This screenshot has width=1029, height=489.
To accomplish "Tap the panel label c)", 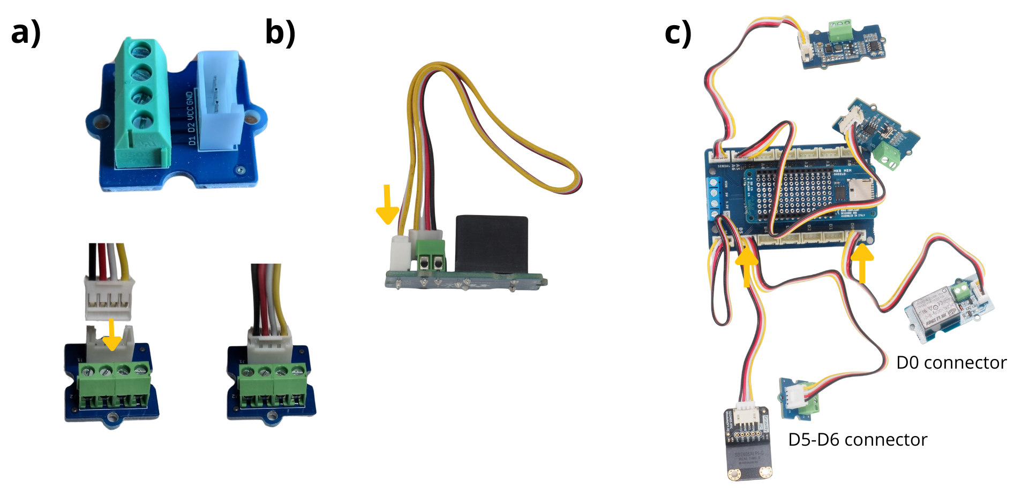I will click(x=678, y=33).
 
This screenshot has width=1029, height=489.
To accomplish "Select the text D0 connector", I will click(x=951, y=363).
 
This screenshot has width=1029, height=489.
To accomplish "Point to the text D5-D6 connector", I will click(x=858, y=440).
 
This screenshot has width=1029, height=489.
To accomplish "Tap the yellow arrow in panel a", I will click(x=111, y=334).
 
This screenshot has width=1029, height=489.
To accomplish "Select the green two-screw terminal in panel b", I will click(x=431, y=255).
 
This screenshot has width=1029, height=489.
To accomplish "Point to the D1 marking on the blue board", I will click(x=192, y=141).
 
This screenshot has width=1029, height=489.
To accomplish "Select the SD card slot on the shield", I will click(x=855, y=188).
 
